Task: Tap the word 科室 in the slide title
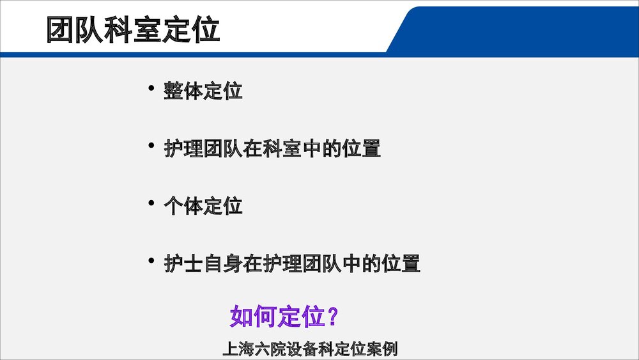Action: click(133, 30)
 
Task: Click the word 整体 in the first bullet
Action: click(183, 91)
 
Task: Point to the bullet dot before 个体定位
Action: click(151, 203)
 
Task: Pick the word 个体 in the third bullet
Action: click(183, 207)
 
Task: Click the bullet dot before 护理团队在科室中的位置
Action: click(151, 146)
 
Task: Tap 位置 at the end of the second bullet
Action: click(361, 149)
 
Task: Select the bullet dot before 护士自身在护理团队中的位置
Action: click(151, 260)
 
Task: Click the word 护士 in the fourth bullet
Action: click(183, 263)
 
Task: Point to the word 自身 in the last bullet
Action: click(223, 263)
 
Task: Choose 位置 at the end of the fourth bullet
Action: click(401, 263)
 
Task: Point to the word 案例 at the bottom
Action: click(383, 350)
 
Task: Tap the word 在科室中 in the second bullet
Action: click(282, 149)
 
